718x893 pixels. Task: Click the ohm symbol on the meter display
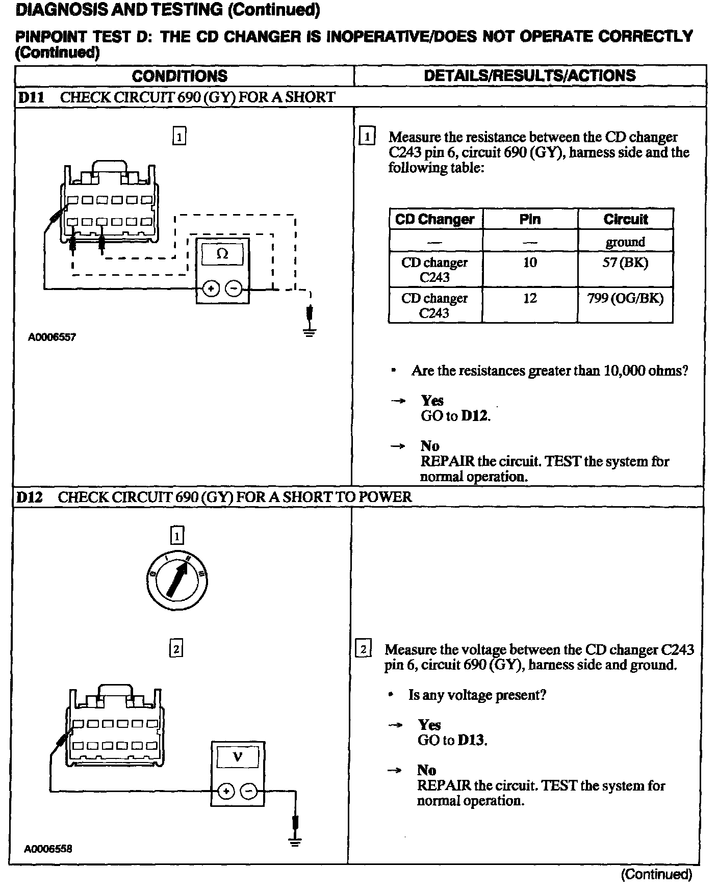coord(222,253)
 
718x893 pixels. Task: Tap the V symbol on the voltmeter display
coord(237,756)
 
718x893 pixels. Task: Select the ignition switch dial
coord(176,581)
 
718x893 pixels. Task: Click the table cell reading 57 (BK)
coord(625,263)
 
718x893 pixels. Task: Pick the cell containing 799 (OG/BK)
coord(625,299)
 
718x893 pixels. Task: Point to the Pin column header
coord(530,219)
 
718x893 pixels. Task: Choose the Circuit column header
coord(625,219)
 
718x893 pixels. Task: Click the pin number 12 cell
coord(530,298)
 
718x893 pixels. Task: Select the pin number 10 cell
coord(530,262)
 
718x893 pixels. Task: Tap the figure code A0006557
coord(52,337)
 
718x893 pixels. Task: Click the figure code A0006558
coord(48,849)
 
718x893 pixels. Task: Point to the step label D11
coord(31,97)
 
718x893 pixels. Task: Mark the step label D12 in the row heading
coord(29,497)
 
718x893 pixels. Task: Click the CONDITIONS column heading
coord(179,76)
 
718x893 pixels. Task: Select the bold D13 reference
coord(471,740)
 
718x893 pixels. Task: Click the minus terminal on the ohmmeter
coord(234,289)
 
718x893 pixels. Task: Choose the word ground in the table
coord(625,242)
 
